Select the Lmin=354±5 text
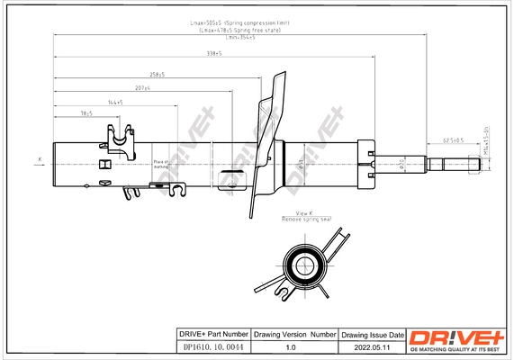click(239, 37)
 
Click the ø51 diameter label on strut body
click(298, 164)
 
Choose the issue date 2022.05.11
click(371, 346)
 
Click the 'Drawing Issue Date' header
click(371, 334)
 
